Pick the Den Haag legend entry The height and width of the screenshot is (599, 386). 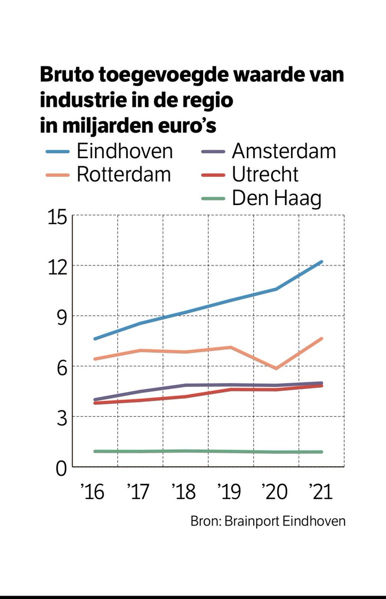click(x=276, y=199)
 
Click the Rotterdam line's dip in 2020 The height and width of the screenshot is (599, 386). click(x=276, y=368)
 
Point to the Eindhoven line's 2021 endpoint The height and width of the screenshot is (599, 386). click(x=322, y=262)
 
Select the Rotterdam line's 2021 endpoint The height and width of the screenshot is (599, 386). click(x=322, y=338)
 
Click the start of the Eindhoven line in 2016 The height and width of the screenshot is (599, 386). click(x=95, y=339)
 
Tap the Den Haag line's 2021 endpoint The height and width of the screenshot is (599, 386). click(x=322, y=452)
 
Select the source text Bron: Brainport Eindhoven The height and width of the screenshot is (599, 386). click(x=268, y=521)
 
